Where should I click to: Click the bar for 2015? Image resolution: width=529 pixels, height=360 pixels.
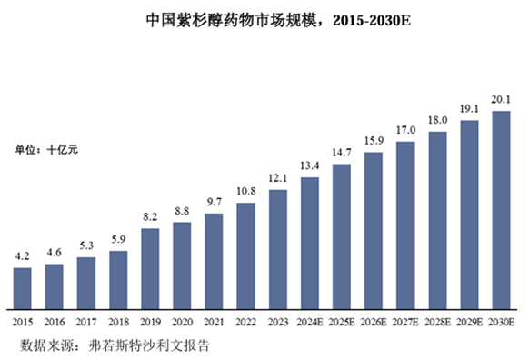pos(22,288)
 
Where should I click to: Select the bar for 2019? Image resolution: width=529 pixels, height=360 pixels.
pos(150,269)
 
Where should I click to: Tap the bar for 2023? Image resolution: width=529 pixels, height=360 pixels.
pos(278,249)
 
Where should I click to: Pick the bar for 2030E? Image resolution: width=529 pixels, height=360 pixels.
pos(502,210)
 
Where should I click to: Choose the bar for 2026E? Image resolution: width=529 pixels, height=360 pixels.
pos(374,231)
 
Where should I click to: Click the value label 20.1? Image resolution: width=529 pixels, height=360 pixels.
pos(501,99)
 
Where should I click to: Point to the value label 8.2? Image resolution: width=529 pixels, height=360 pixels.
pos(150,216)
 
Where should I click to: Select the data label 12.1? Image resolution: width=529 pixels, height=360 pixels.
pos(277,178)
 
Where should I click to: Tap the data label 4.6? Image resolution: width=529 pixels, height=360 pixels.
pos(54,253)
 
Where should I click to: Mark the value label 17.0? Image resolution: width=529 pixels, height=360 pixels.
pos(405,130)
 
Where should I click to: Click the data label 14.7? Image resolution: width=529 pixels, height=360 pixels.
pos(342,153)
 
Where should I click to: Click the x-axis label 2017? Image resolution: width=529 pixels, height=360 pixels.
pos(86,322)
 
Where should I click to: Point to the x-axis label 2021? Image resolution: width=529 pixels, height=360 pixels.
pos(214,322)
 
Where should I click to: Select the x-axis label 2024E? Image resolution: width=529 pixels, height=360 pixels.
pos(310,322)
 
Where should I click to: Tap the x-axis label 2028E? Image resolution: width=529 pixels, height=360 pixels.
pos(437,322)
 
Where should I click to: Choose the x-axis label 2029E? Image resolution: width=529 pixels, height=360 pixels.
pos(470,322)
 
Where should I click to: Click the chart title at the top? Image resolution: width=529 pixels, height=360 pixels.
pos(278,21)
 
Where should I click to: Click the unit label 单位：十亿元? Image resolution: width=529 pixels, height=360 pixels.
pos(46,149)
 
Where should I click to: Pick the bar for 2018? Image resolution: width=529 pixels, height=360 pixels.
pos(118,280)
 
